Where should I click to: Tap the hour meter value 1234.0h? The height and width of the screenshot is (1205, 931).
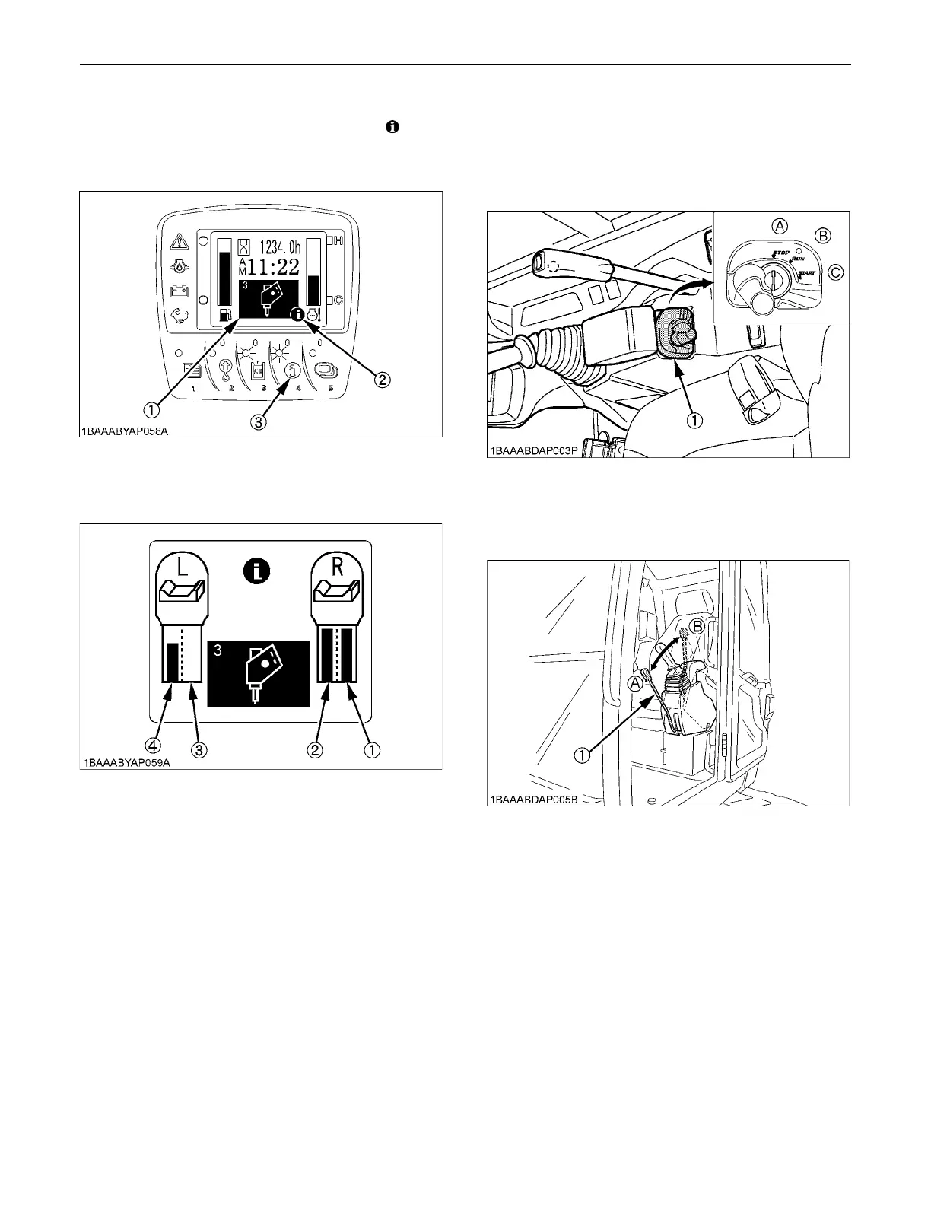point(280,246)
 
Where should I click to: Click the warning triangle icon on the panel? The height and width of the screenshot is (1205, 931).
point(180,242)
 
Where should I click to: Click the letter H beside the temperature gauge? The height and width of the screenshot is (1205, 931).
point(338,241)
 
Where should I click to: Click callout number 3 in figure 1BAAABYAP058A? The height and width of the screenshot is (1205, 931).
point(259,423)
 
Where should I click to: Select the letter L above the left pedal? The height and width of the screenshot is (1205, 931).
point(183,567)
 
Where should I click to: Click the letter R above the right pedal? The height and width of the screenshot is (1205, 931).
point(337,567)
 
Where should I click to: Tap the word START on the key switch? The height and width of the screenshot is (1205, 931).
point(806,273)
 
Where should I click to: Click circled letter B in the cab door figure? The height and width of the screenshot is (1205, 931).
point(695,626)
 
